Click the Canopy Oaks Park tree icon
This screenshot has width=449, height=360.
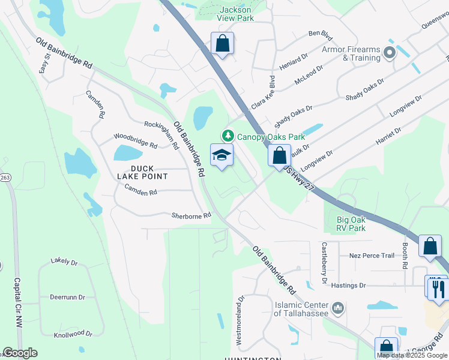[228, 136]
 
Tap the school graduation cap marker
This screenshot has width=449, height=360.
[221, 155]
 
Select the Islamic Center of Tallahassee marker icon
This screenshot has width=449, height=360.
[339, 309]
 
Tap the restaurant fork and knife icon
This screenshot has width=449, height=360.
[438, 287]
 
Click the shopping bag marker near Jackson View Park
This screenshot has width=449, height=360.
[222, 43]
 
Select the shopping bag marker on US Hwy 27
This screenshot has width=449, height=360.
[279, 155]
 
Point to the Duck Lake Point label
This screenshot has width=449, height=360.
[142, 173]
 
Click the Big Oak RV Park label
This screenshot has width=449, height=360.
[351, 224]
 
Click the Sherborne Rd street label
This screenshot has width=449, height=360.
[191, 215]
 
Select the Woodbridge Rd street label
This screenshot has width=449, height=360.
[136, 141]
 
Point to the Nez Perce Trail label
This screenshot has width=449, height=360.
[372, 256]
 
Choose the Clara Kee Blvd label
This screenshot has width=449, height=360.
[262, 92]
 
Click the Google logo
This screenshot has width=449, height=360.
[20, 353]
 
